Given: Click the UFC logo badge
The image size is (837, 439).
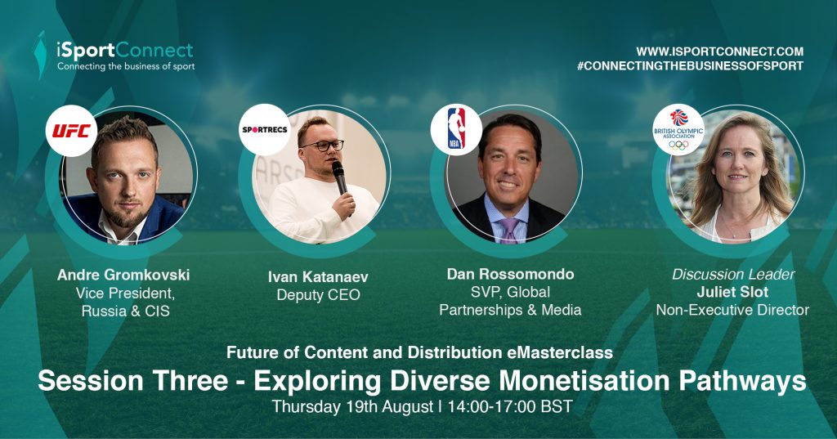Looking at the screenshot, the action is pyautogui.click(x=71, y=131).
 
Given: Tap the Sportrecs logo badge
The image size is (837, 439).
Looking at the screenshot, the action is pyautogui.click(x=265, y=130).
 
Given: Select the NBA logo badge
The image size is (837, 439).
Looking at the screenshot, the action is pyautogui.click(x=456, y=129).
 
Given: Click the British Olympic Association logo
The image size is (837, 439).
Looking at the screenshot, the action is pyautogui.click(x=678, y=130).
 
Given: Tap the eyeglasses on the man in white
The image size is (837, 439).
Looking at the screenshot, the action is pyautogui.click(x=322, y=145).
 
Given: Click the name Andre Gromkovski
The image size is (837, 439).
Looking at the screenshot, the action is pyautogui.click(x=123, y=275).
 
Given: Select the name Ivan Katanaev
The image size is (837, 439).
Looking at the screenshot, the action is pyautogui.click(x=318, y=276).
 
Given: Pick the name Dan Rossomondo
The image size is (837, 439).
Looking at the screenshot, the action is pyautogui.click(x=510, y=274).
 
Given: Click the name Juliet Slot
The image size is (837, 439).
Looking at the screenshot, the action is pyautogui.click(x=732, y=292).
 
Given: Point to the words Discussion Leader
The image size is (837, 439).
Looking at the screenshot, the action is pyautogui.click(x=733, y=275).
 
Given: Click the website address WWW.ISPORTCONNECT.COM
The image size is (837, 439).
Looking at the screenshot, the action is pyautogui.click(x=719, y=52).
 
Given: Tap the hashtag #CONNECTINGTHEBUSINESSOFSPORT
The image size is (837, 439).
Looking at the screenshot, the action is pyautogui.click(x=690, y=66).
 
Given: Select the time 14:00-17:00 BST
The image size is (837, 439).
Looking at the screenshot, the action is pyautogui.click(x=510, y=406).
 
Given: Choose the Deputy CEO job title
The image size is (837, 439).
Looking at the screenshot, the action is pyautogui.click(x=318, y=295).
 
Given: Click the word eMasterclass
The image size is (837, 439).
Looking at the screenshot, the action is pyautogui.click(x=557, y=352).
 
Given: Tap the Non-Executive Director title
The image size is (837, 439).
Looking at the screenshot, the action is pyautogui.click(x=732, y=310).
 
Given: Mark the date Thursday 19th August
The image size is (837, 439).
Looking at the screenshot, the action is pyautogui.click(x=353, y=407).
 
